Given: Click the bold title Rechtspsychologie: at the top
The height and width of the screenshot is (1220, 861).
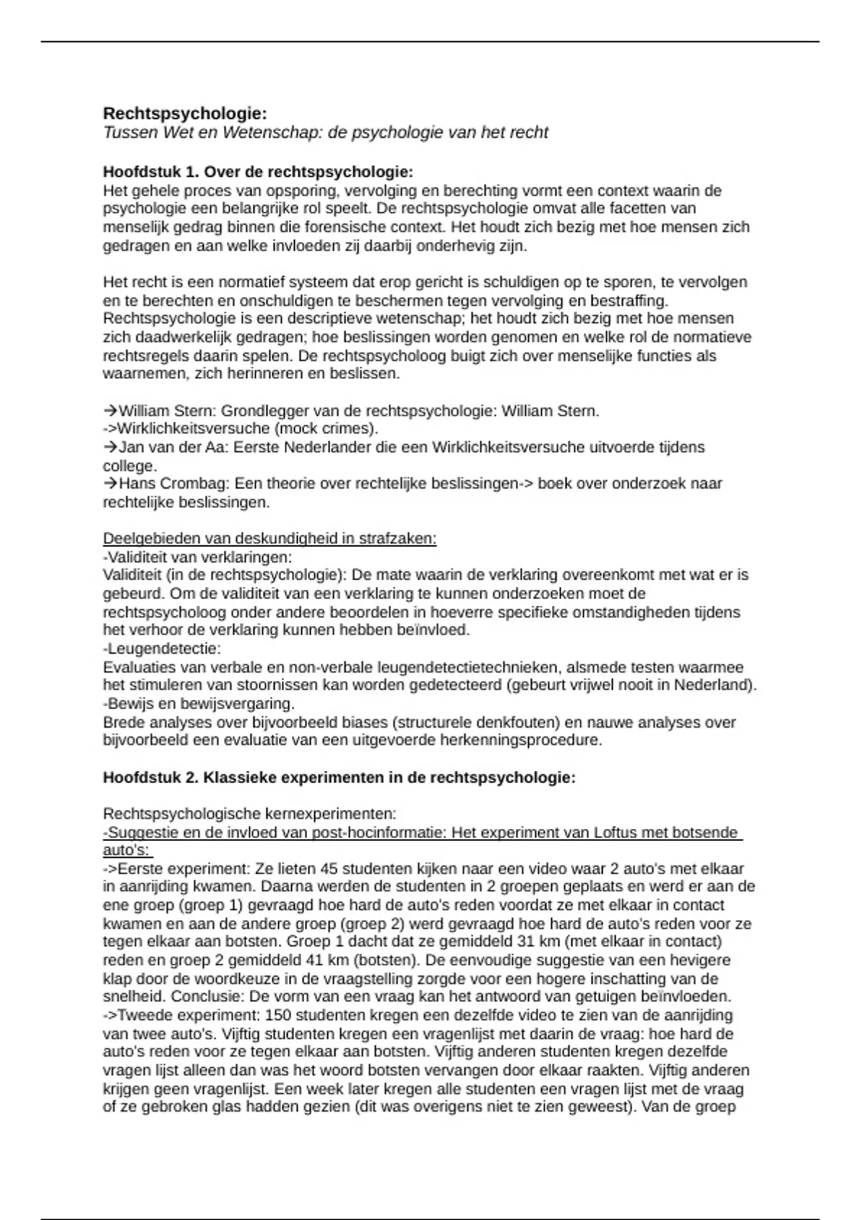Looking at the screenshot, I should (184, 113).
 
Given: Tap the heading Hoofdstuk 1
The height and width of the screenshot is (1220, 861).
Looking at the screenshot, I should (150, 172).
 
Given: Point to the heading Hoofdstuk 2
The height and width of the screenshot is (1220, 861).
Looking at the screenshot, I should (150, 778).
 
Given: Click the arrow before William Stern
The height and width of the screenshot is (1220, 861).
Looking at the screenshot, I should (110, 411).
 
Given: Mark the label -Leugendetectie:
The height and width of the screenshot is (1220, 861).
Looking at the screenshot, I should (161, 649).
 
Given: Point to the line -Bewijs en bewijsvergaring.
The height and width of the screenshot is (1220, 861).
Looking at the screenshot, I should (199, 703).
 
